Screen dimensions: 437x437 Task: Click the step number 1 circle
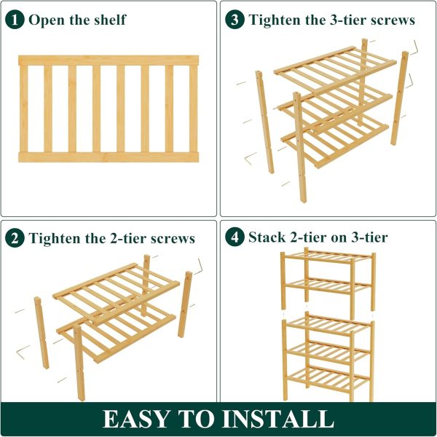(15, 20)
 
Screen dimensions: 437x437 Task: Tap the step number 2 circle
(15, 238)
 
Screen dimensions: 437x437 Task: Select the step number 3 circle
(235, 20)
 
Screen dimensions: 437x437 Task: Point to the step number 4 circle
(235, 237)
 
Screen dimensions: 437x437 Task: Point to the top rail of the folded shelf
(109, 60)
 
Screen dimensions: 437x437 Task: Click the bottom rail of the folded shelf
(109, 157)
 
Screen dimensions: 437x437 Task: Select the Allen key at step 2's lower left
(23, 352)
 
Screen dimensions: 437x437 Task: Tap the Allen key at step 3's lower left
(251, 158)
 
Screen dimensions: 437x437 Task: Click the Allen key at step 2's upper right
(200, 267)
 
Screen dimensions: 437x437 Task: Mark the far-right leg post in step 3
(399, 98)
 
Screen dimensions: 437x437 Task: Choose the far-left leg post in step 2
(42, 333)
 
